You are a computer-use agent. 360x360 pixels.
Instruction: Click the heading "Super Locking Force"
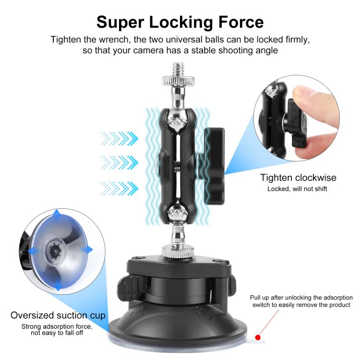click(180, 22)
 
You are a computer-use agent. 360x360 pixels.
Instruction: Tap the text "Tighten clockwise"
click(298, 178)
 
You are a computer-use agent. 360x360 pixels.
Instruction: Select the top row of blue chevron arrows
click(119, 139)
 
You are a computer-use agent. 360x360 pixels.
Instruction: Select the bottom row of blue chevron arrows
click(119, 186)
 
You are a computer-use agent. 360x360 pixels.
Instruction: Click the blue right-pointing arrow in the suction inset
click(87, 250)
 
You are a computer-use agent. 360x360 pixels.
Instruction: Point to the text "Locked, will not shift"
click(297, 189)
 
